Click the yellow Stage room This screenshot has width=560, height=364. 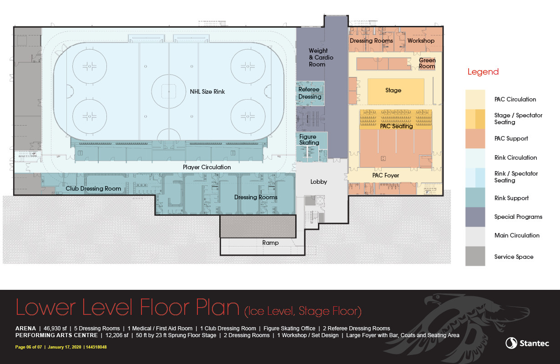pos(396,91)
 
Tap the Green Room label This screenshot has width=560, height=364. pos(427,63)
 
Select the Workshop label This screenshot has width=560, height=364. pos(421,40)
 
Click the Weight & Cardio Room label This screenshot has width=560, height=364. pos(321,57)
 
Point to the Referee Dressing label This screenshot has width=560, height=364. pos(310,93)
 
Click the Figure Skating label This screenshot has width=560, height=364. pos(309,140)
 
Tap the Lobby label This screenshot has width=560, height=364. pos(318,182)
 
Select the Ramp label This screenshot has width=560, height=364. pos(270,243)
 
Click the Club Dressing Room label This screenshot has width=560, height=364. pos(93,188)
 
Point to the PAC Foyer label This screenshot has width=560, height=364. pos(385,176)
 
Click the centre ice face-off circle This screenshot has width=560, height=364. pos(169,91)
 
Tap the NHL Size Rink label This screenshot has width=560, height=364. pos(207,92)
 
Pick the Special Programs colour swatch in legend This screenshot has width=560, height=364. pos(475,217)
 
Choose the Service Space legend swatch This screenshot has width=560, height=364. pos(475,256)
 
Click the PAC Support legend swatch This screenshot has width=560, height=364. pos(475,138)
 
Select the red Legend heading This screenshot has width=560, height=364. pos(483,72)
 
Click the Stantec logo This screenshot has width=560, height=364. pos(527,343)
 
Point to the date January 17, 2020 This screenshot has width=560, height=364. pos(65,347)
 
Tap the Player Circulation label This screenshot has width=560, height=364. pos(207,167)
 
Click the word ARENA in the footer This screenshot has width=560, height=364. pos(25,328)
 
